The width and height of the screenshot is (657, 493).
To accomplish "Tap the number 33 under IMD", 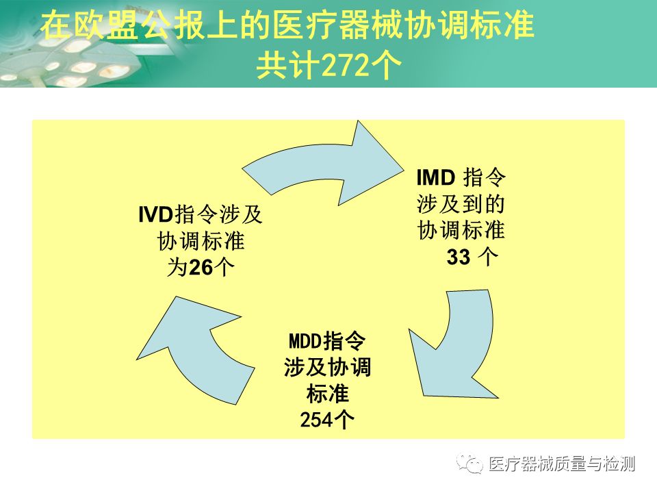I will tap(459, 257).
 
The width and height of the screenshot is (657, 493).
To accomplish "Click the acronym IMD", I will tap(436, 179).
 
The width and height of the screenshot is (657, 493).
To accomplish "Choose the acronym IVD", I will tap(154, 214).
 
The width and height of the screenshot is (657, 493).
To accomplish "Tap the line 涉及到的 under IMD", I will tap(461, 204).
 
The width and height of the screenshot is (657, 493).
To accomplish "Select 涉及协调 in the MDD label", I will tap(327, 367).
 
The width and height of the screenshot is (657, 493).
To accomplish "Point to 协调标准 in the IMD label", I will tap(461, 230).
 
